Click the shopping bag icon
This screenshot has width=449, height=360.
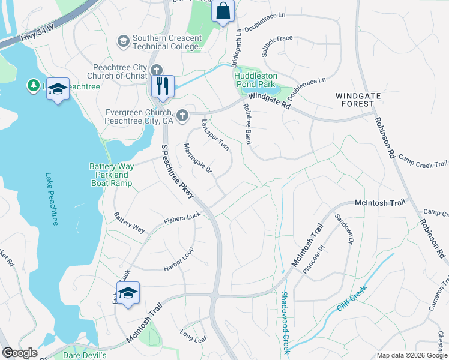pyautogui.click(x=223, y=11)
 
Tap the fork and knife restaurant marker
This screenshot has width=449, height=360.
pyautogui.click(x=162, y=86)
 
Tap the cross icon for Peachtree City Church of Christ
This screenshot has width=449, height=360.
pyautogui.click(x=157, y=70)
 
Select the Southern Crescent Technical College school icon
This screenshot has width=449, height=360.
pyautogui.click(x=124, y=41)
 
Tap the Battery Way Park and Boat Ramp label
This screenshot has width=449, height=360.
pyautogui.click(x=110, y=175)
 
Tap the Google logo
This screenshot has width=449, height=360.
pyautogui.click(x=20, y=353)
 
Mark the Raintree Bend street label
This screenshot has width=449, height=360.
pyautogui.click(x=246, y=124)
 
